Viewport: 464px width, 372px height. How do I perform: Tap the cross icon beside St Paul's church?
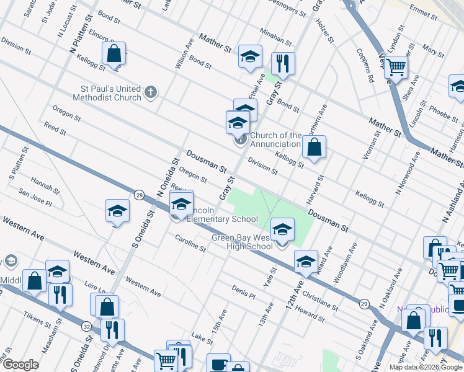(x=150, y=93)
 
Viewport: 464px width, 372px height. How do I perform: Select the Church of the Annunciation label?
(x=276, y=140)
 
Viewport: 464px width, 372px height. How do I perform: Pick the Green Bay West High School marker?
(x=282, y=229)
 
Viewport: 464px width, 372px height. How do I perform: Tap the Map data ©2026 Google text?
(x=425, y=367)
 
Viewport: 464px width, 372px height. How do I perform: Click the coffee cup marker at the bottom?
(x=218, y=364)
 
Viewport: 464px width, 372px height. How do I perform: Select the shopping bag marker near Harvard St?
(x=315, y=147)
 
